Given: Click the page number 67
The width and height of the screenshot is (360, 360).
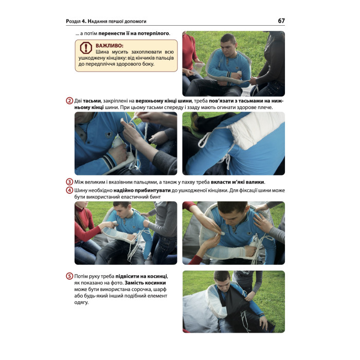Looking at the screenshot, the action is (x=281, y=21).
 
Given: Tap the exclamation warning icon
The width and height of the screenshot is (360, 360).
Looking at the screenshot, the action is (x=86, y=48).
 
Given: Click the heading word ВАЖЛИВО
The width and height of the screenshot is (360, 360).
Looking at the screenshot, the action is (x=109, y=45).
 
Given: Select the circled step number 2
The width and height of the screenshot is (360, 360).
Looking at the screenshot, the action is (x=69, y=101).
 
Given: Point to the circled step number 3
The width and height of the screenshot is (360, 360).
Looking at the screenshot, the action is (x=69, y=182).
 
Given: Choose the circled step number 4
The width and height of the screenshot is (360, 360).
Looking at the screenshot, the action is (x=69, y=190).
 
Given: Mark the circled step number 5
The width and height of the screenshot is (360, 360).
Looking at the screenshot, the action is (x=69, y=276).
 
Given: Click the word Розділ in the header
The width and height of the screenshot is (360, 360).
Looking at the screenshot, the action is (x=73, y=22).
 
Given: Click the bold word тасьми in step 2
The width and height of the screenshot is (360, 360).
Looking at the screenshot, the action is (x=92, y=101).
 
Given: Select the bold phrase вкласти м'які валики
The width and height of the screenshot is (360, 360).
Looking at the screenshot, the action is (x=238, y=182).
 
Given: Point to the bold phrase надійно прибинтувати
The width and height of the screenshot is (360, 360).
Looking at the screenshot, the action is (x=142, y=190).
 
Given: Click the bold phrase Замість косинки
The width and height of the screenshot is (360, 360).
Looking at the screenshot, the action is (x=145, y=283).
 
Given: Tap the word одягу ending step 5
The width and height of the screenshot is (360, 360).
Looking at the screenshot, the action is (x=81, y=302).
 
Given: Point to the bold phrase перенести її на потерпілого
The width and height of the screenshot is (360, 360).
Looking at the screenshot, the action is (x=134, y=33).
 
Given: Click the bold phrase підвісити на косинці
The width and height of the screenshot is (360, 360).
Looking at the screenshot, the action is (x=141, y=276).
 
